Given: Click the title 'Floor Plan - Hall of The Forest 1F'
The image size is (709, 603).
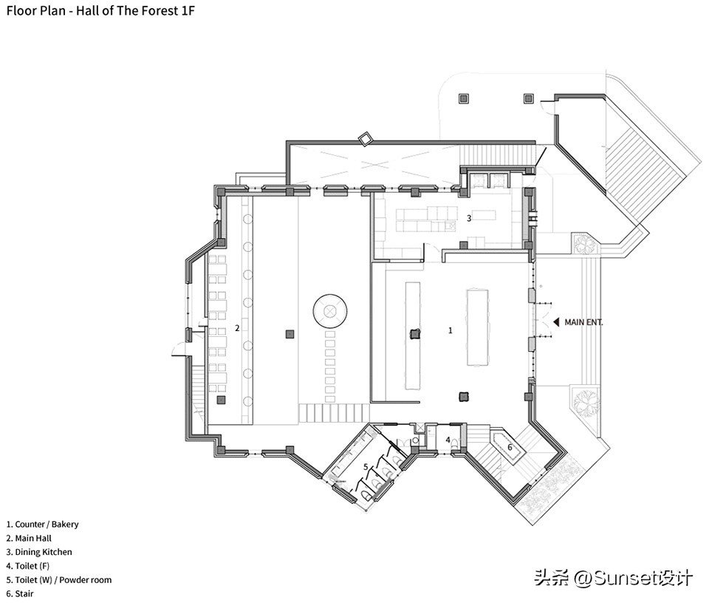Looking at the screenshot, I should (101, 11).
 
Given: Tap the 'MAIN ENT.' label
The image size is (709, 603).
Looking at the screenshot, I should (583, 322).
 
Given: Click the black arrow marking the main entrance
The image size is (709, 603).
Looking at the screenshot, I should (556, 322).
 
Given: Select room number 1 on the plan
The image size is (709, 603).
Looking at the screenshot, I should (451, 330).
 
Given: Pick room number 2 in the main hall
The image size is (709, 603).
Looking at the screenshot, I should (237, 327).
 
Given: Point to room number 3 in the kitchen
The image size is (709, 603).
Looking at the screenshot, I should (468, 218).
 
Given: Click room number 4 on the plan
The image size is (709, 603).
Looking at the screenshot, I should (448, 440).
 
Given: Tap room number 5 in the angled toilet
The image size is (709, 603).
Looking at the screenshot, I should (366, 466).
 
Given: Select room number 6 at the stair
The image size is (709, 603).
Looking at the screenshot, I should (509, 446).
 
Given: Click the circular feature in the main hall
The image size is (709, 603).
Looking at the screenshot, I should (330, 310).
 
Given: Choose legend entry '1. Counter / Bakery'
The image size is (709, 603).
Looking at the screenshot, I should (42, 525).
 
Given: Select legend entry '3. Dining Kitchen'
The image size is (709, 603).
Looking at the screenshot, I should (39, 552).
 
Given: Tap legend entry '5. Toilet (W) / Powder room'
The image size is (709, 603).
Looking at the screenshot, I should (59, 580).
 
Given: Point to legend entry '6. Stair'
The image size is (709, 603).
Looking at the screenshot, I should (20, 593).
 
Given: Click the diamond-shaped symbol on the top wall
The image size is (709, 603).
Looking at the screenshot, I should (365, 139).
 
